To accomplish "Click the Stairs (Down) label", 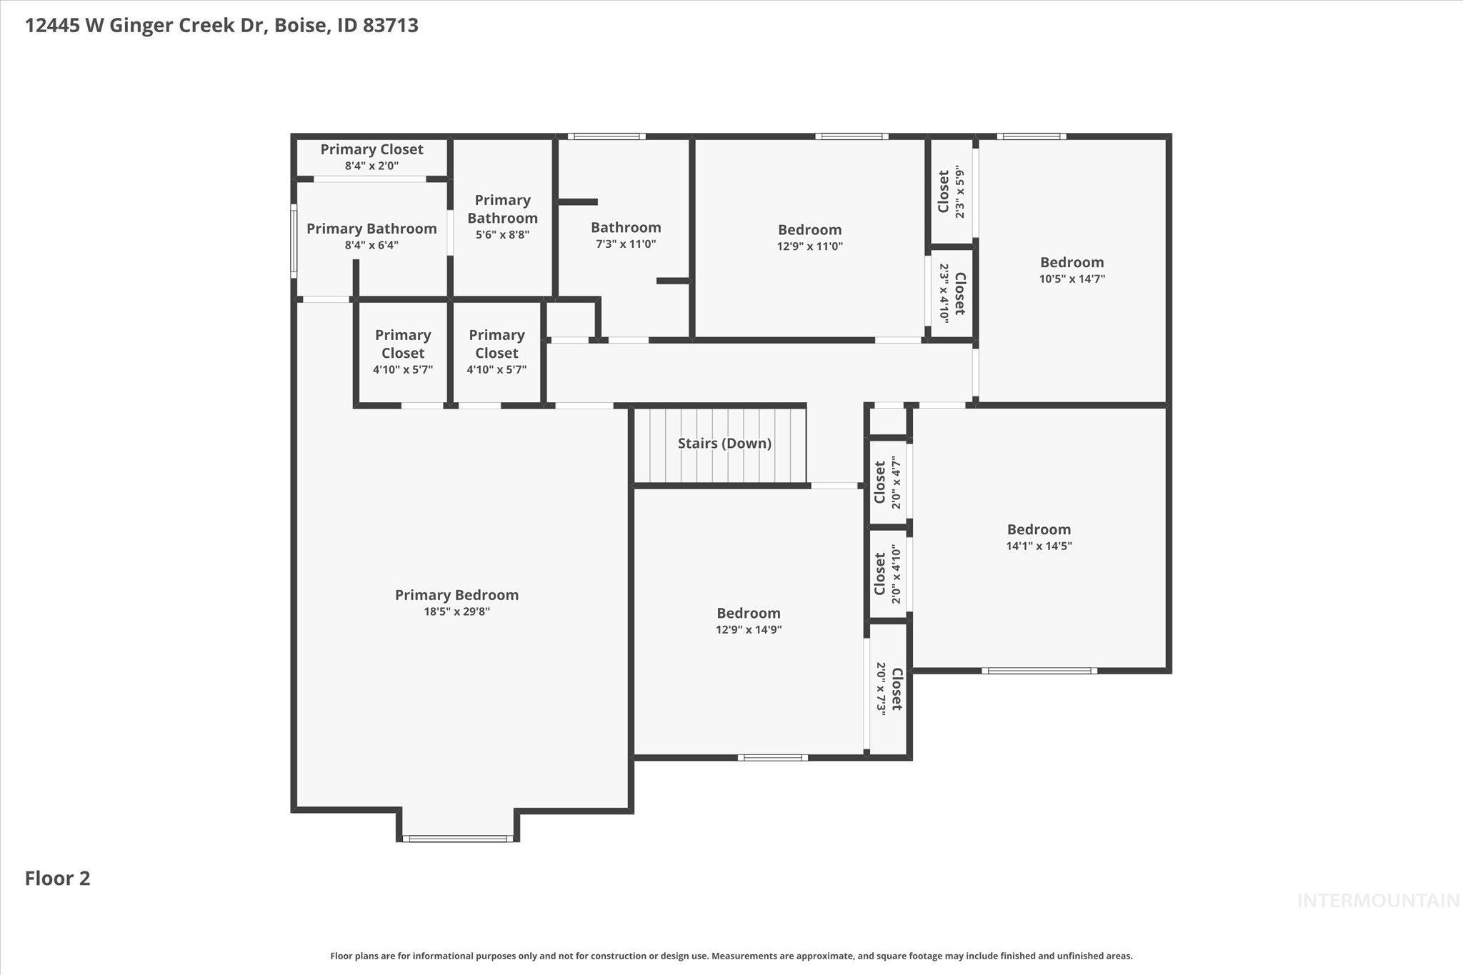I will [724, 444].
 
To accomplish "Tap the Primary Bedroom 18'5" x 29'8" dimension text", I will [456, 612].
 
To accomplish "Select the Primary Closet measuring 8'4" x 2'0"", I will [371, 156].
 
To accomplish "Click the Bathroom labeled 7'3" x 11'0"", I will [626, 235].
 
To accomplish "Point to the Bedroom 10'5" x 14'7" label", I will [1072, 270].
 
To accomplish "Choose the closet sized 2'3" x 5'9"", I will [951, 191].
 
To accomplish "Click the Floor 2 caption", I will [57, 879].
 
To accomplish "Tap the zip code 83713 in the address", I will [390, 26].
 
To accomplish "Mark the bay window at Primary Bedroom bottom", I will [457, 839].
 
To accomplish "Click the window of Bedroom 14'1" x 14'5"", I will [1039, 671].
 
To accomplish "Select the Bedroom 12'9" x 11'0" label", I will [809, 237].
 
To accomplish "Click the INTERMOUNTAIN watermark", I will [1378, 901].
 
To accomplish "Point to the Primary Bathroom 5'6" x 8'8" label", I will [502, 216].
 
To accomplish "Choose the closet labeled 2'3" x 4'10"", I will [952, 293].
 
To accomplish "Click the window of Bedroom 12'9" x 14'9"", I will [772, 757].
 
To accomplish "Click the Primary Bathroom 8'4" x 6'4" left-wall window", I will [294, 241].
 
